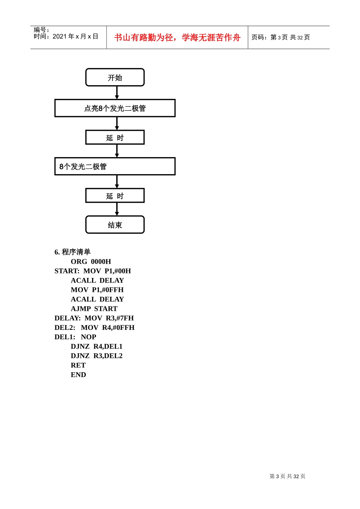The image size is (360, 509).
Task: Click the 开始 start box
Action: (x=115, y=78)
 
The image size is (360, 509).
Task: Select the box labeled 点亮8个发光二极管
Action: (x=115, y=108)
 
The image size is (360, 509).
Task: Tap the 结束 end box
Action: (x=115, y=225)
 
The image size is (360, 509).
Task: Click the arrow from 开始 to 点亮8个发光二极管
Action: (x=117, y=93)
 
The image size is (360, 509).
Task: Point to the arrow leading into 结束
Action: (x=117, y=209)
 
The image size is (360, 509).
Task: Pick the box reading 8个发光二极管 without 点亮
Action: (x=115, y=167)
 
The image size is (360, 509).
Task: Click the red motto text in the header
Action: (x=177, y=37)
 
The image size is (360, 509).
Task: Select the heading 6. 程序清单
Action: (x=72, y=252)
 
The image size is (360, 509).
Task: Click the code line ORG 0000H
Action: (x=91, y=262)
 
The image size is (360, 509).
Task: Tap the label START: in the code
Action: (x=67, y=271)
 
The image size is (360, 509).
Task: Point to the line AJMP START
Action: (x=94, y=309)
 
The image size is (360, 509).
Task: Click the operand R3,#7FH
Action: (x=120, y=318)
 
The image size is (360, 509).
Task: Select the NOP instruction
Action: (x=88, y=337)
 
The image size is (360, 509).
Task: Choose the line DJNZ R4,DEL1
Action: (x=97, y=347)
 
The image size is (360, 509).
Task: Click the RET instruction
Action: (x=78, y=365)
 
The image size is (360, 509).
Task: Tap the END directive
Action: (x=78, y=375)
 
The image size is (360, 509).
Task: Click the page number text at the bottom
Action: (x=287, y=476)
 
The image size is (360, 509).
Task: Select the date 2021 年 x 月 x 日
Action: (x=75, y=36)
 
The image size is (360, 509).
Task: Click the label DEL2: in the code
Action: (x=65, y=328)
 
